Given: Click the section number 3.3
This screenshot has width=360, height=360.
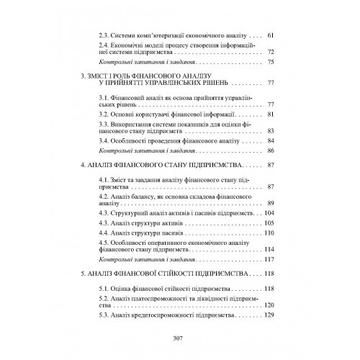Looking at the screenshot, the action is tap(104, 125).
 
